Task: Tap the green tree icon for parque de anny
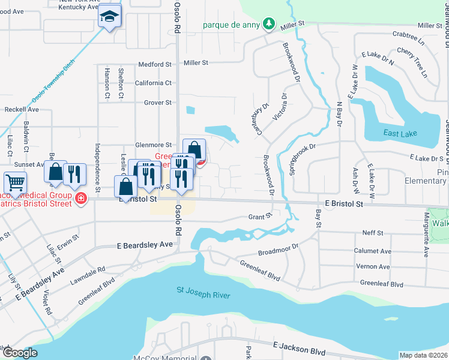point(270,25)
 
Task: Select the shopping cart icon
point(15,181)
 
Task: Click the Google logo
point(20,353)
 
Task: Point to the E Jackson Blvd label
point(300,348)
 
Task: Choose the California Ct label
point(153,83)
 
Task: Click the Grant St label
point(260,215)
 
